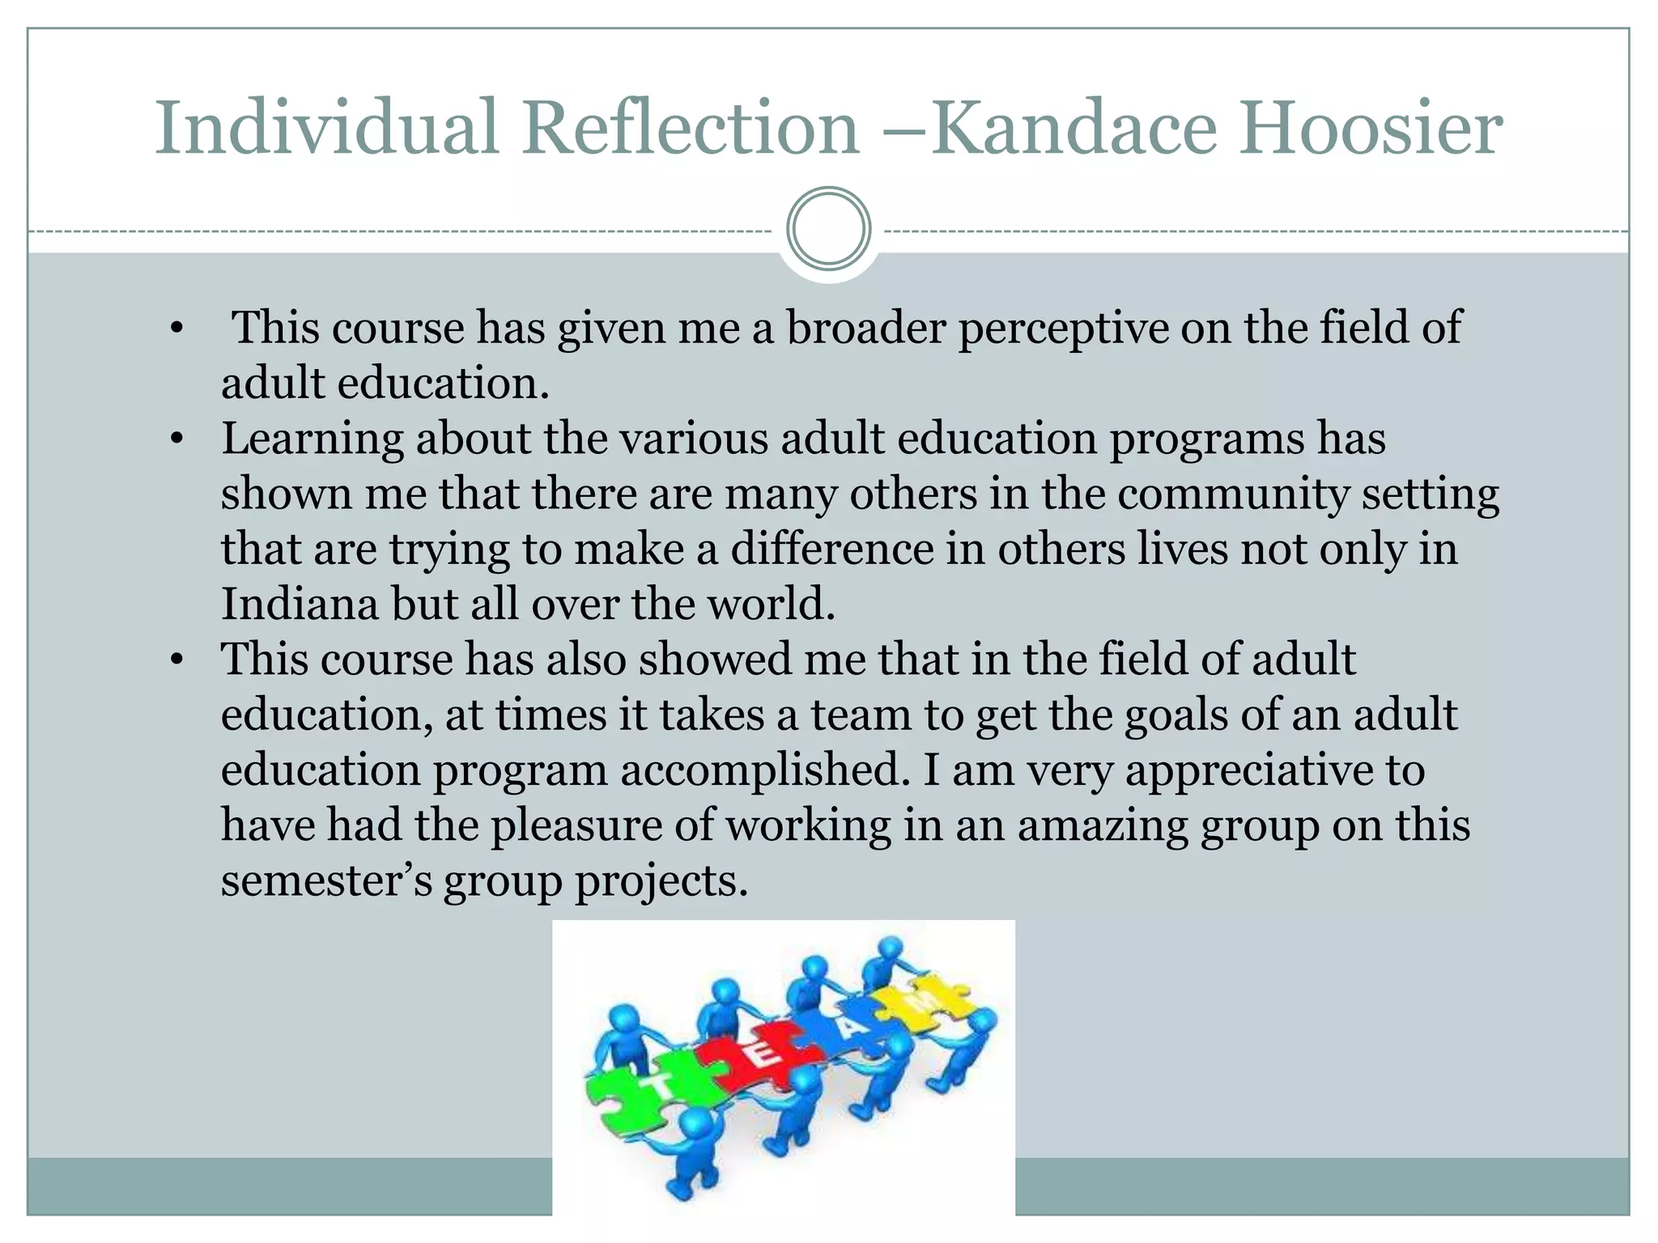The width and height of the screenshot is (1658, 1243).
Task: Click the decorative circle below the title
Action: [828, 229]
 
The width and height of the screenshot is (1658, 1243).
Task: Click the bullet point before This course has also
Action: [177, 660]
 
